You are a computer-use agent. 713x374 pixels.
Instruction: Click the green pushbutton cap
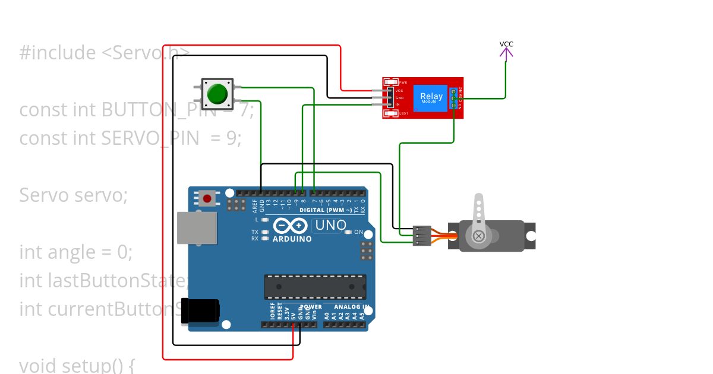(x=217, y=94)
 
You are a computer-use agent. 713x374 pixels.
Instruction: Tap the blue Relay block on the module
(x=431, y=97)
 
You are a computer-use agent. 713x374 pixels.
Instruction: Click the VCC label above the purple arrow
(x=506, y=44)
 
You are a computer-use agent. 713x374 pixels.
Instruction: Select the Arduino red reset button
(x=207, y=198)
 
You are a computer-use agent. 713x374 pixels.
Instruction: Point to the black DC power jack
(x=201, y=310)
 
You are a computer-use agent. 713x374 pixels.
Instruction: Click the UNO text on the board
(x=330, y=226)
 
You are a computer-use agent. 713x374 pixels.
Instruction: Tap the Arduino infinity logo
(x=291, y=226)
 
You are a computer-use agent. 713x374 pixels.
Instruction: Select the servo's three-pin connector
(x=421, y=235)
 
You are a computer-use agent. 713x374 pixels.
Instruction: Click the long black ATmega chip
(x=315, y=286)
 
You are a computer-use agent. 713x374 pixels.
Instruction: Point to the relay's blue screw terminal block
(x=455, y=98)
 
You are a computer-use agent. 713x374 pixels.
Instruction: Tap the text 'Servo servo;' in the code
(x=74, y=195)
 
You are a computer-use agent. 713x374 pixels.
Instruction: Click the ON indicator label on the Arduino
(x=359, y=232)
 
